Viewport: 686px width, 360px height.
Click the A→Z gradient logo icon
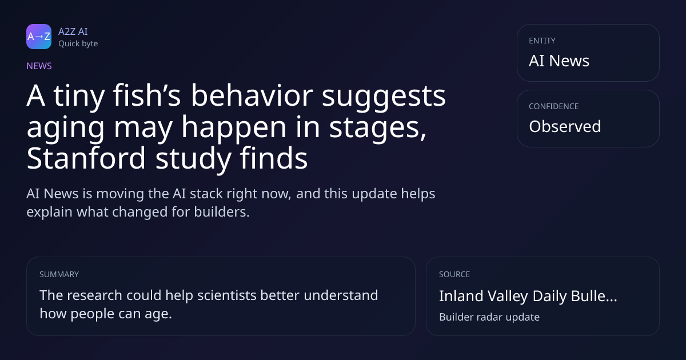pyautogui.click(x=39, y=37)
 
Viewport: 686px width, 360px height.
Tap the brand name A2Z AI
pyautogui.click(x=73, y=31)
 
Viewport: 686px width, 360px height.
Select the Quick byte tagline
pyautogui.click(x=78, y=44)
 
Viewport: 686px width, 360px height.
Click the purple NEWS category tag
pyautogui.click(x=39, y=66)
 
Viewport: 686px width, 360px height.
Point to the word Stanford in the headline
pyautogui.click(x=86, y=158)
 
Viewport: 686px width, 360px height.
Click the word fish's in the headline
pyautogui.click(x=147, y=95)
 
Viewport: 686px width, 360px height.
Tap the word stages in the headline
pyautogui.click(x=378, y=127)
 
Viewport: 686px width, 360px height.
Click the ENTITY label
pyautogui.click(x=542, y=41)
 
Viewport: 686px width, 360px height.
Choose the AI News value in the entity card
pyautogui.click(x=559, y=61)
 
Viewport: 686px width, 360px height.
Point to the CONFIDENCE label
pyautogui.click(x=554, y=106)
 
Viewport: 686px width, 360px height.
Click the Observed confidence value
pyautogui.click(x=565, y=126)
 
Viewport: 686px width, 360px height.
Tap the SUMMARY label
pyautogui.click(x=59, y=274)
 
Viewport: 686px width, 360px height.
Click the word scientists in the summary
pyautogui.click(x=226, y=295)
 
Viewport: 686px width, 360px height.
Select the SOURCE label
pyautogui.click(x=454, y=274)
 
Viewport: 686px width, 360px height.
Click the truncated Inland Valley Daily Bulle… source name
pyautogui.click(x=528, y=296)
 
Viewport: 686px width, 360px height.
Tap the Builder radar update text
pyautogui.click(x=489, y=317)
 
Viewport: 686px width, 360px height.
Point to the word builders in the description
pyautogui.click(x=222, y=212)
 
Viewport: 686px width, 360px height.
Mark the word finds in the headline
pyautogui.click(x=273, y=158)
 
